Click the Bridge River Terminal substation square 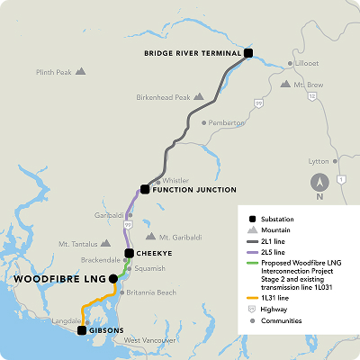tap(249, 53)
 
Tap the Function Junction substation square tap(144, 190)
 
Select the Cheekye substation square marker tap(129, 254)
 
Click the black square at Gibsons tap(82, 330)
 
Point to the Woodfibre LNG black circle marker tap(112, 279)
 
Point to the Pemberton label tap(227, 122)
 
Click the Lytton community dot tap(335, 162)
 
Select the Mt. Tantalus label tap(76, 244)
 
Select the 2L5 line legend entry tap(274, 253)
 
